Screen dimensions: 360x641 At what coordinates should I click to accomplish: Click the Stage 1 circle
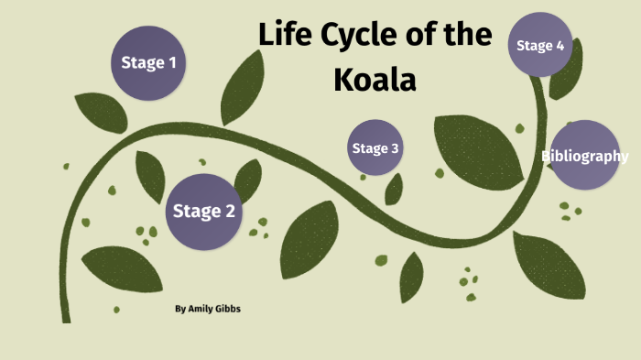pyautogui.click(x=148, y=62)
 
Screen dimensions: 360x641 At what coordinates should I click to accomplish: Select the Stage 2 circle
pyautogui.click(x=204, y=212)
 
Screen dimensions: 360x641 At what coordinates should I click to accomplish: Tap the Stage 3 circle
pyautogui.click(x=375, y=148)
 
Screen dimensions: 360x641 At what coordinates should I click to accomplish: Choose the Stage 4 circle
pyautogui.click(x=539, y=45)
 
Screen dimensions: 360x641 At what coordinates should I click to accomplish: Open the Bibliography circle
pyautogui.click(x=584, y=155)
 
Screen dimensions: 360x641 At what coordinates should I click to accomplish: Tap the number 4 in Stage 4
pyautogui.click(x=559, y=45)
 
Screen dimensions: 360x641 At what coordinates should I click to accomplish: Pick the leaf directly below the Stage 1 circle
pyautogui.click(x=100, y=112)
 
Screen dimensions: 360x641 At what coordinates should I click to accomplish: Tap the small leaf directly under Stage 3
pyautogui.click(x=395, y=189)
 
